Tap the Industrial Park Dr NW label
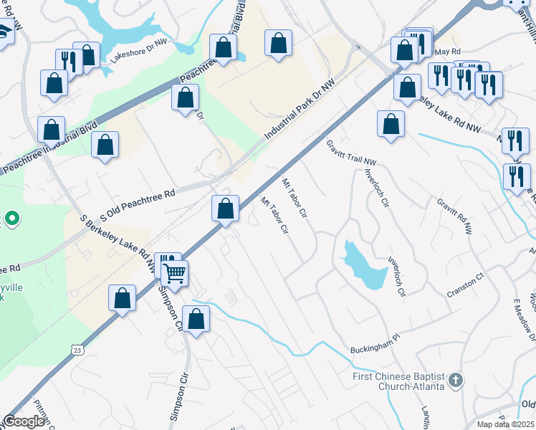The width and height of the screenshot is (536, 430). pos(299,109)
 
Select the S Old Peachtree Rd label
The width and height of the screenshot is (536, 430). pos(137,204)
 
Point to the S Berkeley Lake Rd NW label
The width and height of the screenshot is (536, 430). pos(119,243)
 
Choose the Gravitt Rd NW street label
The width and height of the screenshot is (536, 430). pos(455,216)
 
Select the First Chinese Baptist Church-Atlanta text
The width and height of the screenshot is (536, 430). pos(398,381)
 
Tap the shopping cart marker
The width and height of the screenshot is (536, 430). pos(175,272)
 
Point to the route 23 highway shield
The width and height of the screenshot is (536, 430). pos(77,349)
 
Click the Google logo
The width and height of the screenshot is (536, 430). pos(24,421)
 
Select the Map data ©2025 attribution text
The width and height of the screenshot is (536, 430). pos(505,424)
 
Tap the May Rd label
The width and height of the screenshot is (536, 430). pos(447,52)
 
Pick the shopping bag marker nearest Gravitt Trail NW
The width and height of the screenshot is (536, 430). pos(391,123)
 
